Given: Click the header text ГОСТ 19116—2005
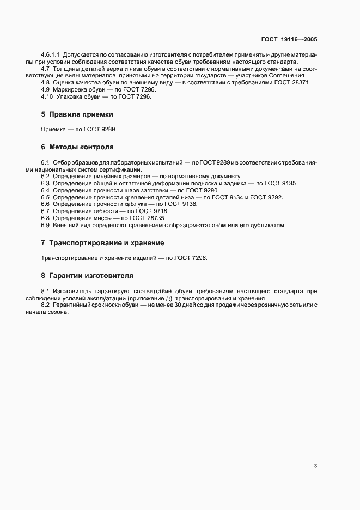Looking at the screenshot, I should [x=289, y=40].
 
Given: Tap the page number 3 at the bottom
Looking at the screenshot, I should [x=316, y=466].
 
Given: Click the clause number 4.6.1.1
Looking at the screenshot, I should [x=51, y=55].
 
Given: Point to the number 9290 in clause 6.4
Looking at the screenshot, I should [x=210, y=190].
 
